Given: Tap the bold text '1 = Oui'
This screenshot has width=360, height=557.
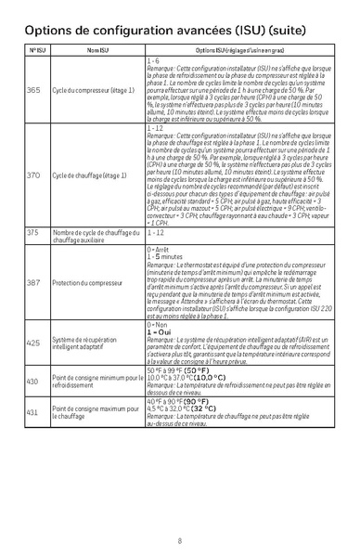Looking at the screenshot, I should coord(161,331).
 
